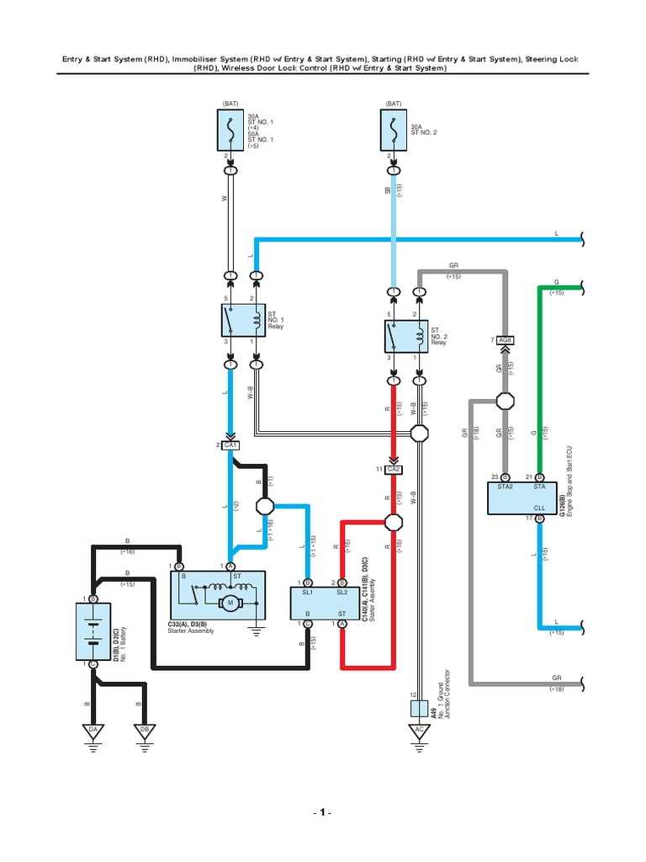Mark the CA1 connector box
[x=230, y=444]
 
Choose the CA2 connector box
[x=393, y=469]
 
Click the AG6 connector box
[x=505, y=340]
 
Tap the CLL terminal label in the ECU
[x=538, y=508]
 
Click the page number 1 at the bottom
[x=322, y=814]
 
